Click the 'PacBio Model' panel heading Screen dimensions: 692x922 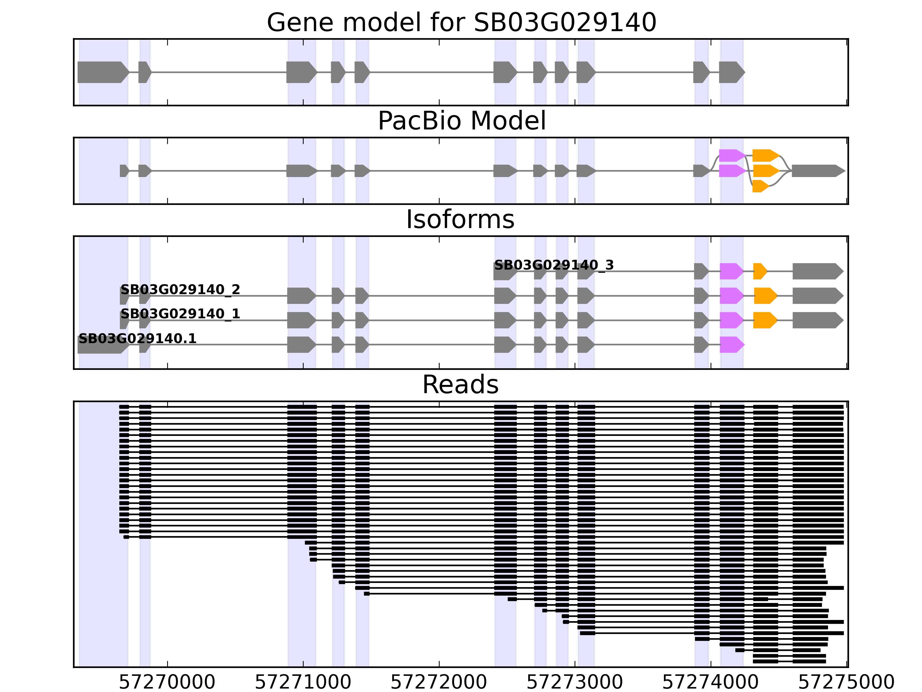[461, 121]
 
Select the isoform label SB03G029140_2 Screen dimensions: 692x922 [180, 289]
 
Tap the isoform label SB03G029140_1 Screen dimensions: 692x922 [180, 314]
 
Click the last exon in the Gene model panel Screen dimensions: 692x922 [731, 72]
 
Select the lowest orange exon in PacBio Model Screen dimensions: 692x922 [760, 186]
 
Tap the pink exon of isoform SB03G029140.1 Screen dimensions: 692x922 [731, 345]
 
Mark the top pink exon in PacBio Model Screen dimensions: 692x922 [731, 156]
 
